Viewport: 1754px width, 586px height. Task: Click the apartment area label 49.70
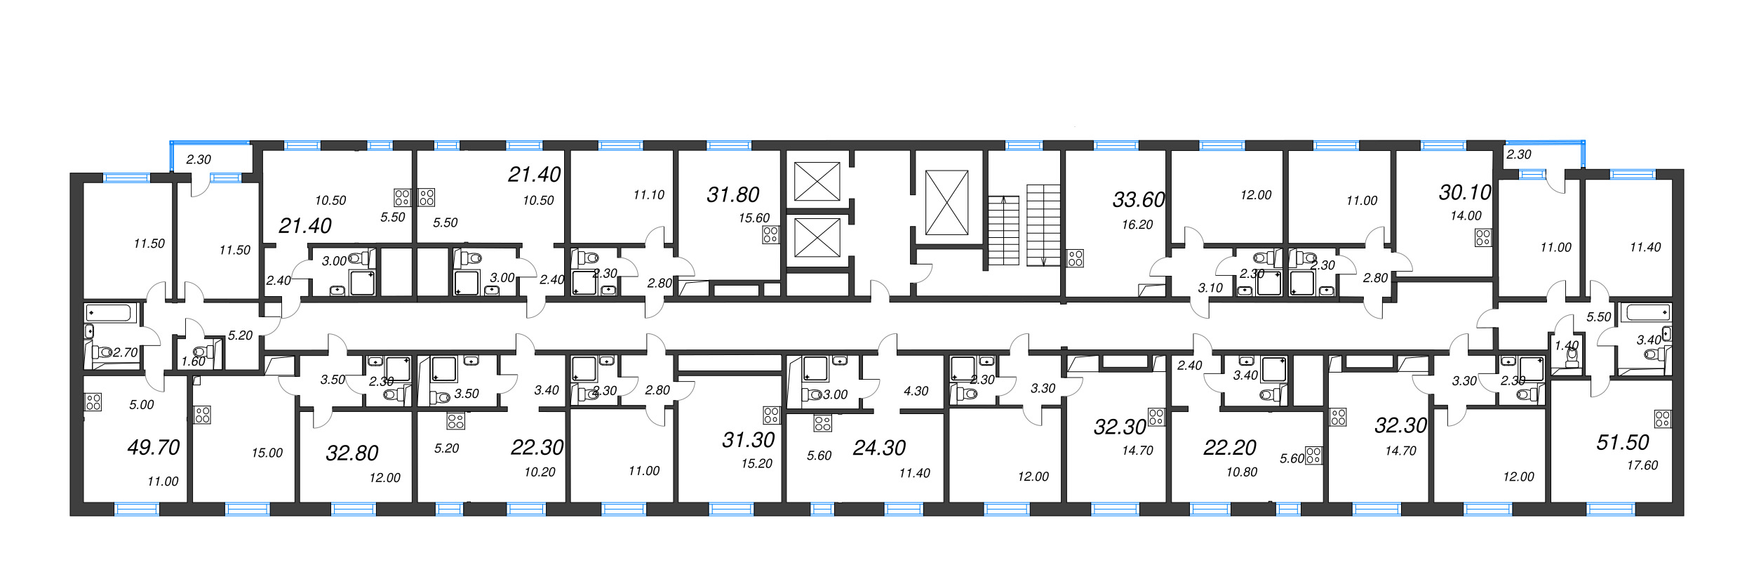coord(154,447)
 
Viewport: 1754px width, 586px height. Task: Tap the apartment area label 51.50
coord(1622,442)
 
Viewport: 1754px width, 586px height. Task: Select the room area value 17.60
coord(1642,465)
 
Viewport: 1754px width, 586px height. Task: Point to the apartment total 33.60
coord(1138,200)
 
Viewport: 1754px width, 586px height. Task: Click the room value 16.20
coord(1137,225)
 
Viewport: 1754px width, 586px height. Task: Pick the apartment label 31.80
coord(732,194)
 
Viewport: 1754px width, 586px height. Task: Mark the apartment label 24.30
coord(878,447)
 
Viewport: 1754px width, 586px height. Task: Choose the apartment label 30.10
coord(1464,192)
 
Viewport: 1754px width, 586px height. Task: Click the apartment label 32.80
coord(352,453)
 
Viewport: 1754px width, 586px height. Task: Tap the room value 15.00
coord(267,453)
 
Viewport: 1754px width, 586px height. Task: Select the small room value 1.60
coord(193,361)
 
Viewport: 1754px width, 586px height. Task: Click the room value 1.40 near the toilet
coord(1560,345)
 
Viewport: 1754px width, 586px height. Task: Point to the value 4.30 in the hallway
coord(916,391)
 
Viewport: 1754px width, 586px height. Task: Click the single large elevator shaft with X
coord(946,202)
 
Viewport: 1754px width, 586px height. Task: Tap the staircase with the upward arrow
coord(1003,230)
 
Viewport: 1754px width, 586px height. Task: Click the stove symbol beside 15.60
coord(770,234)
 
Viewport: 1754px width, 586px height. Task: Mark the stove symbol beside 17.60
coord(1662,419)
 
